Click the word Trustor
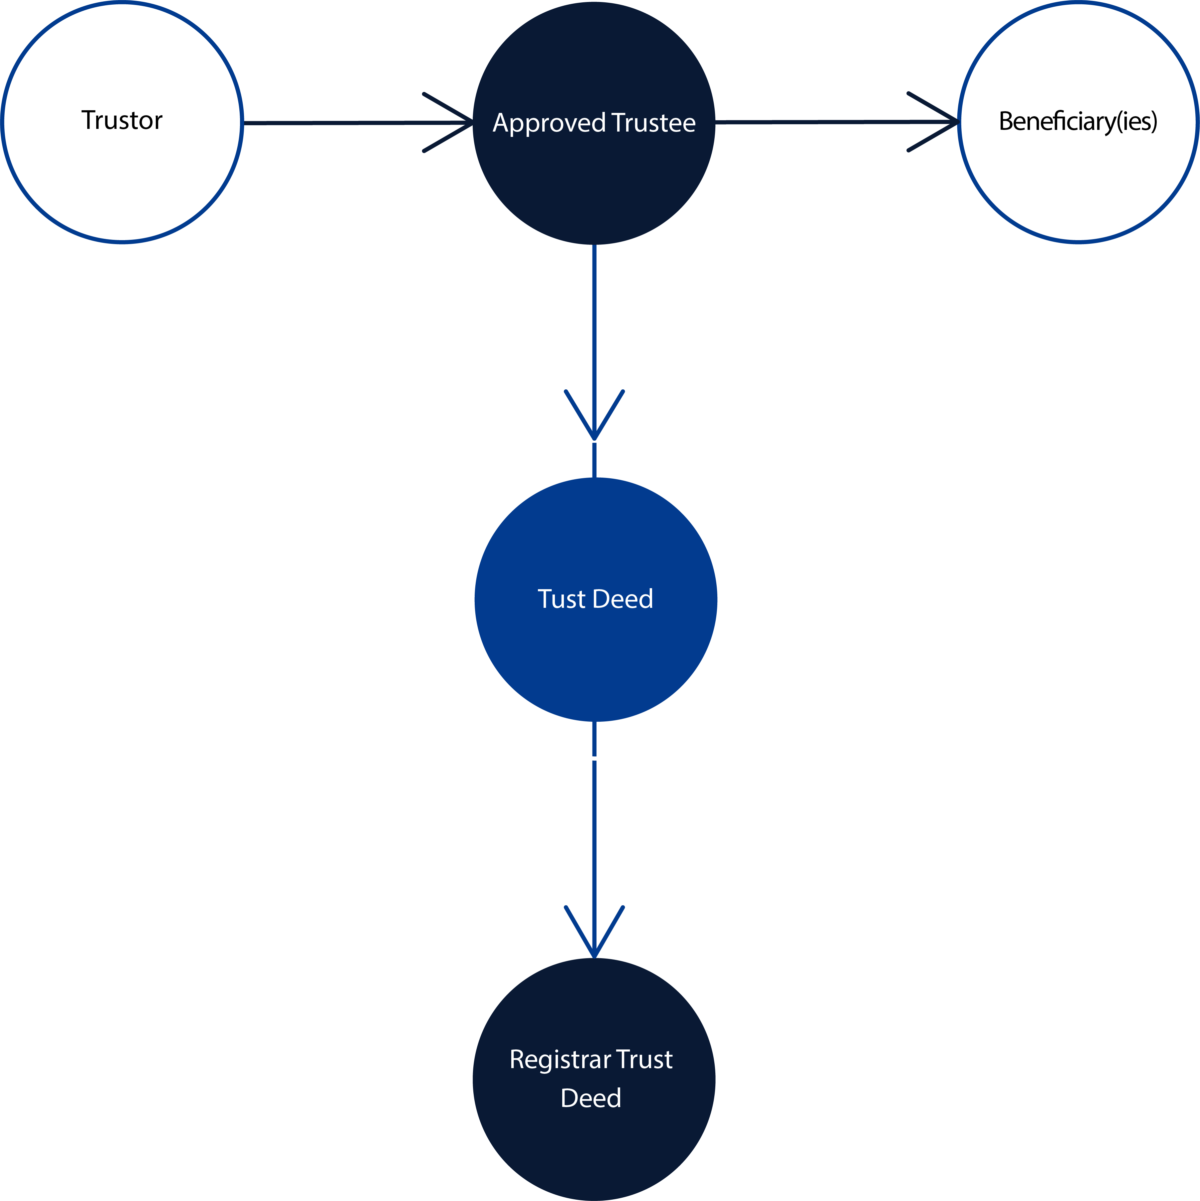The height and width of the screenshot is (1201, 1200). tap(122, 120)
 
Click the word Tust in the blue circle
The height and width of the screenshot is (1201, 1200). tap(562, 599)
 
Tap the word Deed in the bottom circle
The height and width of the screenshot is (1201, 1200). tap(591, 1098)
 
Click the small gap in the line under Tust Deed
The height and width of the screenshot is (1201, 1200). tap(594, 758)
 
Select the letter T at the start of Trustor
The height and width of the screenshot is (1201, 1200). tap(87, 120)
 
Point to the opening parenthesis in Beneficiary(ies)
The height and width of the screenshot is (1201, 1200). tap(1119, 121)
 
